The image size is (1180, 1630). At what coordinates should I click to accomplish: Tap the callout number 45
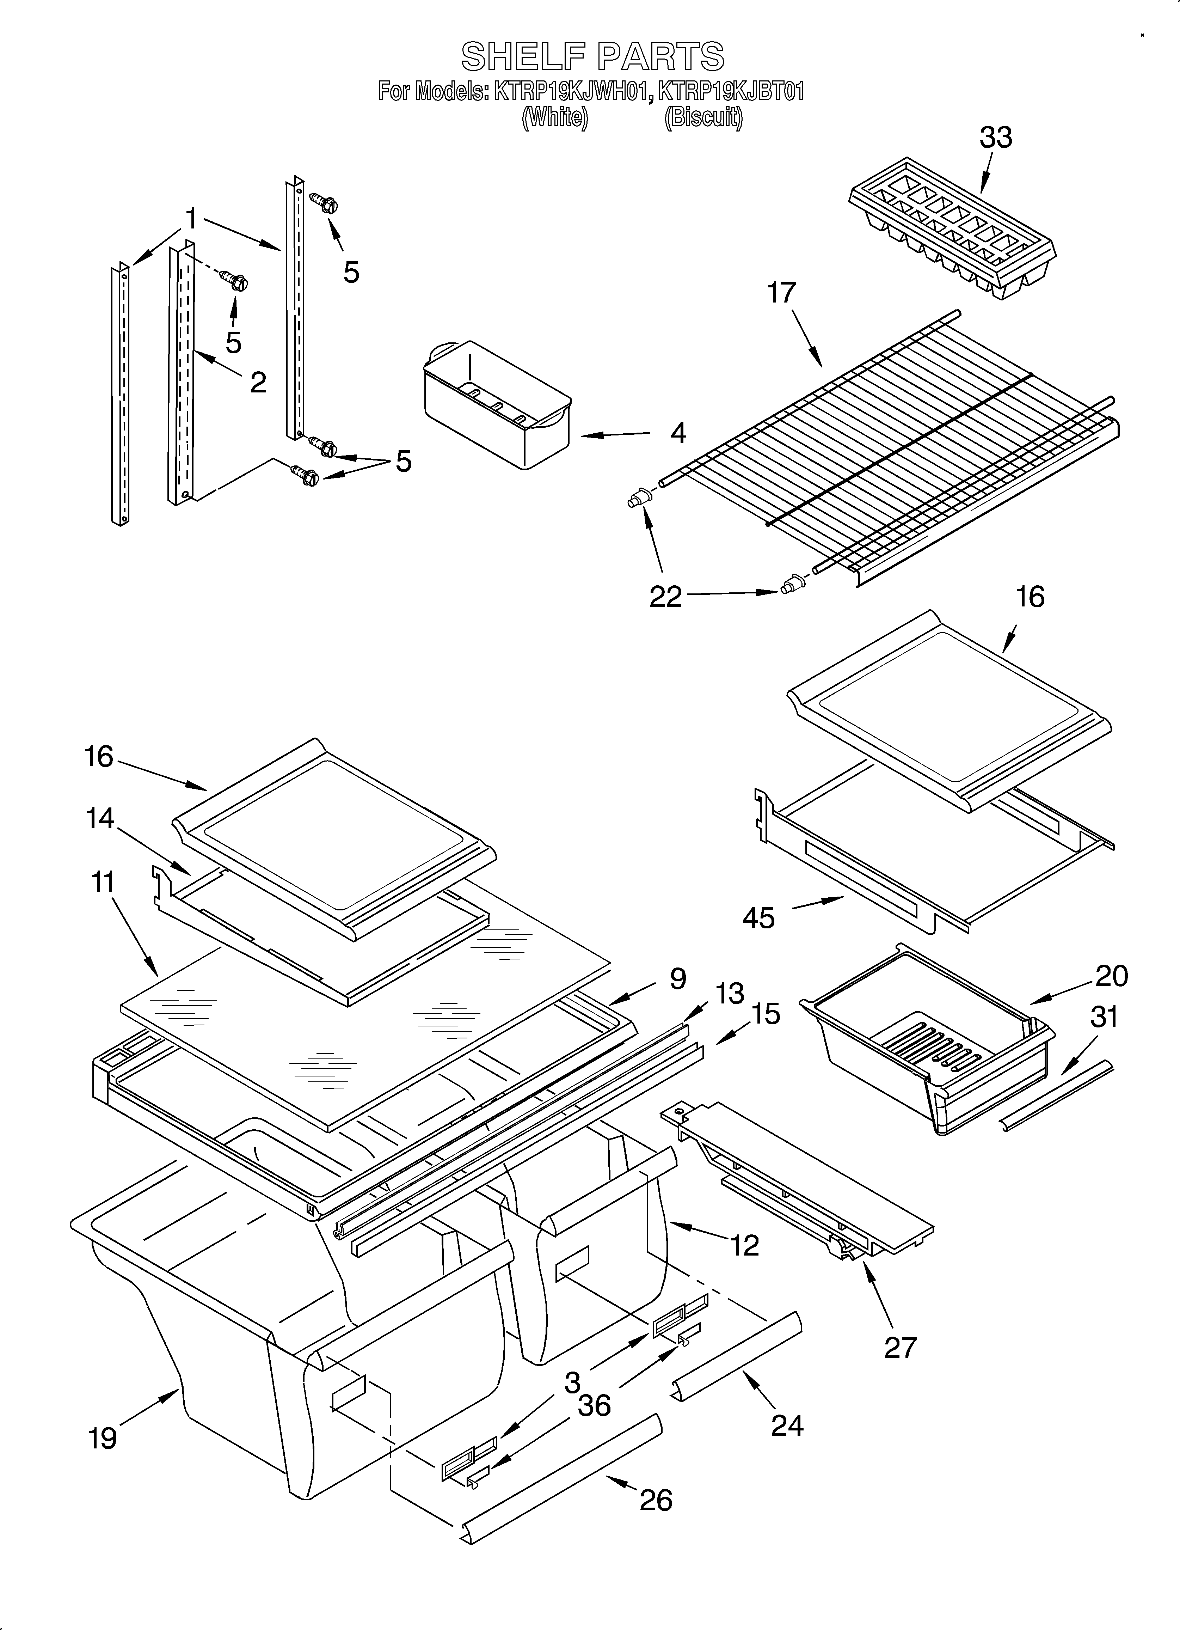pos(759,918)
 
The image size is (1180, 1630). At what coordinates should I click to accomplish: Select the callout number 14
pos(100,818)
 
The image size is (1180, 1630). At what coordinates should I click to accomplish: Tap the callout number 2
pos(258,382)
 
